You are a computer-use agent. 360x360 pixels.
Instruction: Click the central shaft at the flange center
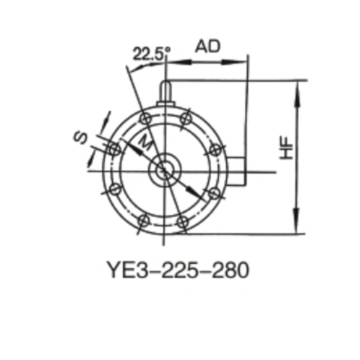163,170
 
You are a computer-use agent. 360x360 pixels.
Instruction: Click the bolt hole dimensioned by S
113,149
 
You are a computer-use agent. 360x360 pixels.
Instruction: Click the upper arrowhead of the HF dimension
296,92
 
